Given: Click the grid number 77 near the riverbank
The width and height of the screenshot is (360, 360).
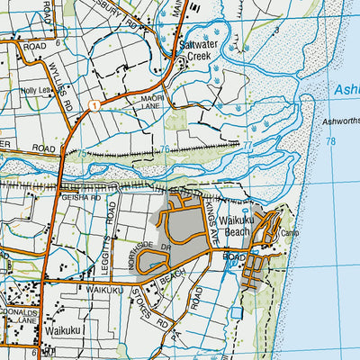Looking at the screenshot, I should pos(247,144).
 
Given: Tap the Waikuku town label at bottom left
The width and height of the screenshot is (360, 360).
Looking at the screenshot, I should pos(65,331).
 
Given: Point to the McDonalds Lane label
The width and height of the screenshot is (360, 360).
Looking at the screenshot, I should pos(18,310).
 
